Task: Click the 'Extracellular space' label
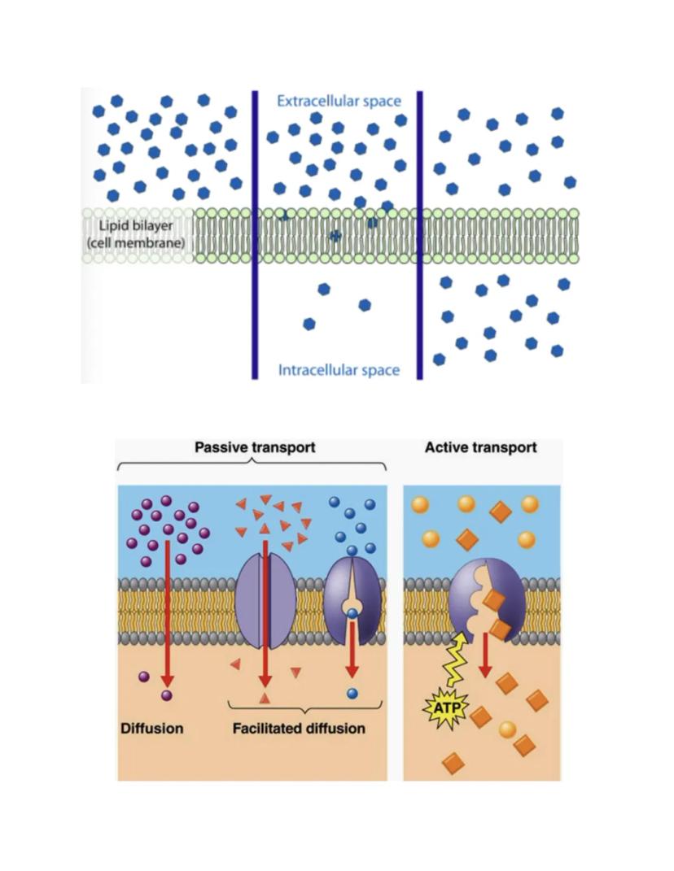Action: click(x=339, y=102)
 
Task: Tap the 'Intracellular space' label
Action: click(x=339, y=370)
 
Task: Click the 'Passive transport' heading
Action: click(x=255, y=448)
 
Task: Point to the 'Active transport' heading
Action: click(x=481, y=448)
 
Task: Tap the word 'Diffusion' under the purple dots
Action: click(x=152, y=728)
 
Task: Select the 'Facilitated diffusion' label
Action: click(x=299, y=728)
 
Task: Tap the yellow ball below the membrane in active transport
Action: click(x=507, y=729)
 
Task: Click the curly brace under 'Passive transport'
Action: click(x=252, y=464)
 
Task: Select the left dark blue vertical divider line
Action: click(x=255, y=236)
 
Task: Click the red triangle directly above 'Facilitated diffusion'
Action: click(x=265, y=698)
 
